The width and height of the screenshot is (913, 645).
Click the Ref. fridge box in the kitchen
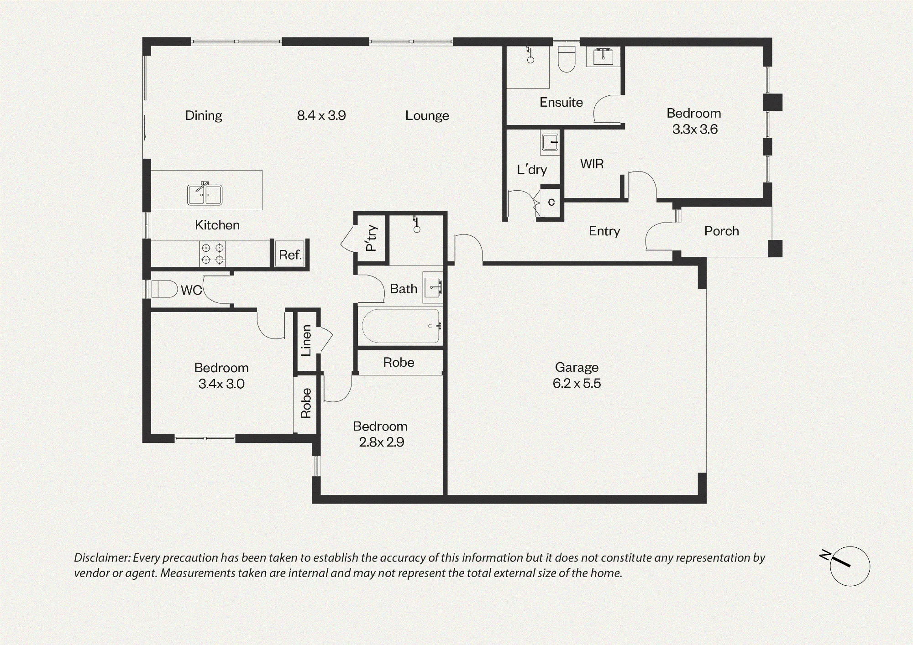(x=290, y=254)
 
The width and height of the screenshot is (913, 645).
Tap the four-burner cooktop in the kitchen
(x=213, y=254)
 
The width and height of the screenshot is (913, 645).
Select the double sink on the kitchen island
(x=205, y=194)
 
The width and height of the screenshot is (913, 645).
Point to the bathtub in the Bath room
(x=400, y=326)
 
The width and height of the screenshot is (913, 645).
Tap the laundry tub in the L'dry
(x=550, y=142)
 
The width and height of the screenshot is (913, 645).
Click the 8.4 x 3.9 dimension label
(x=321, y=115)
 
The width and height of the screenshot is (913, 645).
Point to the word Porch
(x=721, y=231)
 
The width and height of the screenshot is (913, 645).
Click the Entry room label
(x=604, y=231)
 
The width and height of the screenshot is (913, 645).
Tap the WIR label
(x=592, y=164)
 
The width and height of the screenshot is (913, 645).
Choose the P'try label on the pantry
(x=371, y=238)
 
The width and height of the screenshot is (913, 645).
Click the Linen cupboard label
(x=306, y=340)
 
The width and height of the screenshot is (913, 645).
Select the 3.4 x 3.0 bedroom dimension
(x=221, y=384)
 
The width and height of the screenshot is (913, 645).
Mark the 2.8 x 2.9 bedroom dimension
(x=381, y=442)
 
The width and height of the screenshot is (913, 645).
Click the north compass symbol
(x=850, y=566)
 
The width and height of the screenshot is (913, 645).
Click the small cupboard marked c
(x=551, y=202)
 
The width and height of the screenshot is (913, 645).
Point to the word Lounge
(x=427, y=116)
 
